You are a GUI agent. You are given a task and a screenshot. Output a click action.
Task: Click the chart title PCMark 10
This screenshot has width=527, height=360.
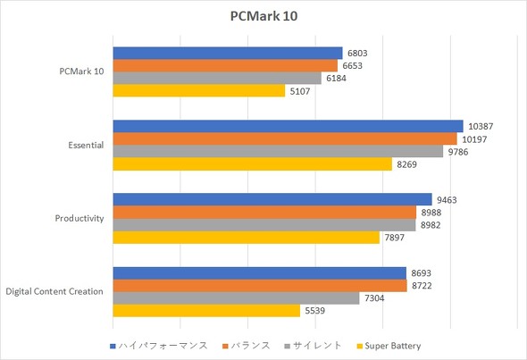tap(263, 16)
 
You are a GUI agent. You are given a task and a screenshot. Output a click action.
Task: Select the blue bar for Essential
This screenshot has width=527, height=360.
tap(288, 126)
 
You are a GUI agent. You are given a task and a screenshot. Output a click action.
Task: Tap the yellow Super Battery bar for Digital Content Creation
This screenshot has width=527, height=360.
tap(205, 310)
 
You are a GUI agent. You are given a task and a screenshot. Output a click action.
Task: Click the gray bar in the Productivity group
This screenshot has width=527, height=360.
tap(263, 224)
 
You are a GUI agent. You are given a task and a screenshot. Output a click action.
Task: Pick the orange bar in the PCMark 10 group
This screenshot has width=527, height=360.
tap(225, 65)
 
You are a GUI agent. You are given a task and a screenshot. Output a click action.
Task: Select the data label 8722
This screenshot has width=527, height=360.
tap(424, 285)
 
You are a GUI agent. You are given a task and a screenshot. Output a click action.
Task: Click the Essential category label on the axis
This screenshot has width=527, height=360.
tap(86, 145)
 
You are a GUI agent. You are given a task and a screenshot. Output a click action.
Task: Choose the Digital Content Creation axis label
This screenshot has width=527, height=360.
tap(54, 291)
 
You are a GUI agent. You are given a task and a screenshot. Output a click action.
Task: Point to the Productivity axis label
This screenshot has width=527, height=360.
tap(80, 218)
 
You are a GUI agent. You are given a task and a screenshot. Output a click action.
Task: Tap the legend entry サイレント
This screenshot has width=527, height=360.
tap(314, 346)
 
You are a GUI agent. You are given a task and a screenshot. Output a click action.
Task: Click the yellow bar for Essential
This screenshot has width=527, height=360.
tap(252, 163)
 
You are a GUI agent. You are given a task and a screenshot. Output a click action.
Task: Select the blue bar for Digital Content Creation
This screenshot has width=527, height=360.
tap(259, 272)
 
